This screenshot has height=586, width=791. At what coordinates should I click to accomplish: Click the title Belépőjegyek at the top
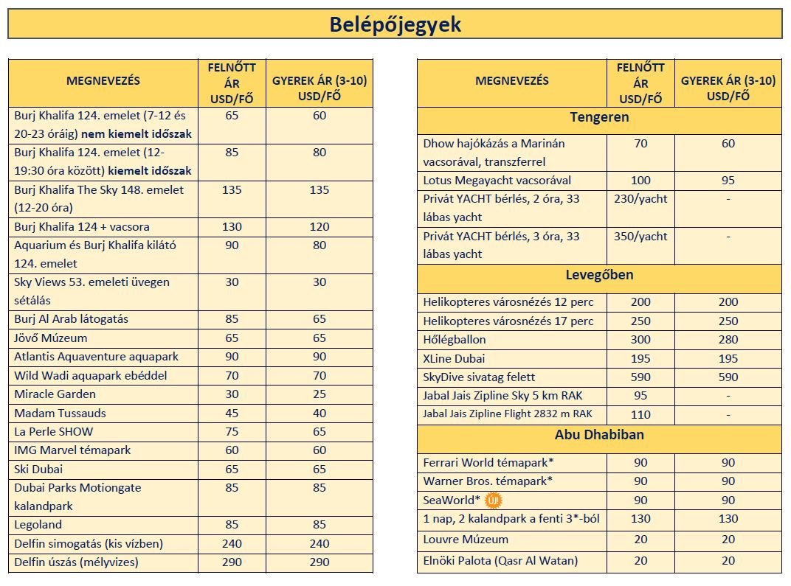(395, 24)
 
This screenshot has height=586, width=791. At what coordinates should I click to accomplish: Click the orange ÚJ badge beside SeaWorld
(492, 500)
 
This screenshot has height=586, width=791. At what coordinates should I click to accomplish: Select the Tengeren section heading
(599, 117)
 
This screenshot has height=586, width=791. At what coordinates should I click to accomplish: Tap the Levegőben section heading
(599, 276)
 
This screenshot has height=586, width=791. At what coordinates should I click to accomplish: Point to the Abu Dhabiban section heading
(599, 435)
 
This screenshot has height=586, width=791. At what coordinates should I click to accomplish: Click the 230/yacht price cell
(640, 199)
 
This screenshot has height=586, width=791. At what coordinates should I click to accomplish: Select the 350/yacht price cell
(640, 237)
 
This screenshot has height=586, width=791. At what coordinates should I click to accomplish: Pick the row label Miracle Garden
(55, 394)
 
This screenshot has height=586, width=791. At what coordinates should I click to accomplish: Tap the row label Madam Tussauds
(60, 413)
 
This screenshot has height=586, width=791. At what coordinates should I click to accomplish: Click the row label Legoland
(38, 525)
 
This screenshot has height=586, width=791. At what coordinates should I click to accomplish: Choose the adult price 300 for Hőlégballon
(640, 340)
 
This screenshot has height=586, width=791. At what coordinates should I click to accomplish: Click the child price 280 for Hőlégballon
(728, 340)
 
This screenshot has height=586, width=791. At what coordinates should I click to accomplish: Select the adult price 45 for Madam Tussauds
(232, 413)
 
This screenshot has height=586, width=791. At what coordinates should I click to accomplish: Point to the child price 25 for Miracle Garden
(319, 394)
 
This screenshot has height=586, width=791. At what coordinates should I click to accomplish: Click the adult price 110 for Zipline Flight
(640, 414)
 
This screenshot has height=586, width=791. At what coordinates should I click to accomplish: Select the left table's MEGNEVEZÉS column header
(103, 80)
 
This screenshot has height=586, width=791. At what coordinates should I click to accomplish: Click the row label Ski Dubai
(38, 469)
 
